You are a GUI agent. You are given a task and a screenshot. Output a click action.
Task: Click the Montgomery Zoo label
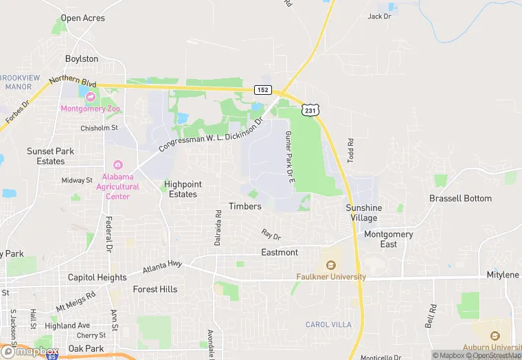tap(90, 109)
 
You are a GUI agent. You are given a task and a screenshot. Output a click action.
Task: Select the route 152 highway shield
tap(263, 90)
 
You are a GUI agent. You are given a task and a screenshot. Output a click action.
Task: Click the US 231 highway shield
tap(309, 109)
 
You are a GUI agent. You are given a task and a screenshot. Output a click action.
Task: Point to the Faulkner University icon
tap(330, 265)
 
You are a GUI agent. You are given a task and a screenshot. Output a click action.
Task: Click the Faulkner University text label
tap(330, 277)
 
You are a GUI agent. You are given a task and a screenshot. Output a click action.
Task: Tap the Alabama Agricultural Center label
tap(117, 186)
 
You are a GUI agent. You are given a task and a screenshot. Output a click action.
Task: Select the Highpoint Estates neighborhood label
tap(183, 189)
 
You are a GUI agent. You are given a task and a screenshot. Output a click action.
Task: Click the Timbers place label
tap(245, 206)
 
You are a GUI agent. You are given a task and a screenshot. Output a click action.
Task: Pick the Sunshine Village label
tap(363, 212)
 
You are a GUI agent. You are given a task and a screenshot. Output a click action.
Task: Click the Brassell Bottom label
tap(460, 199)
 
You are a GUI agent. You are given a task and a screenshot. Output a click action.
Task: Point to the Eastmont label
tap(280, 252)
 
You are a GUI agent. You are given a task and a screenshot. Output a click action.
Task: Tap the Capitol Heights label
tap(97, 278)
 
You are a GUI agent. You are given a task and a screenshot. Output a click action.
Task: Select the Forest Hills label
tap(155, 289)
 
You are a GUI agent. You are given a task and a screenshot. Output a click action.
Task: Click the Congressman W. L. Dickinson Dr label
tap(212, 135)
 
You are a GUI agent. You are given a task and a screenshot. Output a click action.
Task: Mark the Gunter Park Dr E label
tap(288, 157)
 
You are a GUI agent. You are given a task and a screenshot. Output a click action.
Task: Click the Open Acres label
tap(83, 18)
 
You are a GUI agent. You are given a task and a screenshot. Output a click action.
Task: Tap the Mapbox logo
tap(30, 351)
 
